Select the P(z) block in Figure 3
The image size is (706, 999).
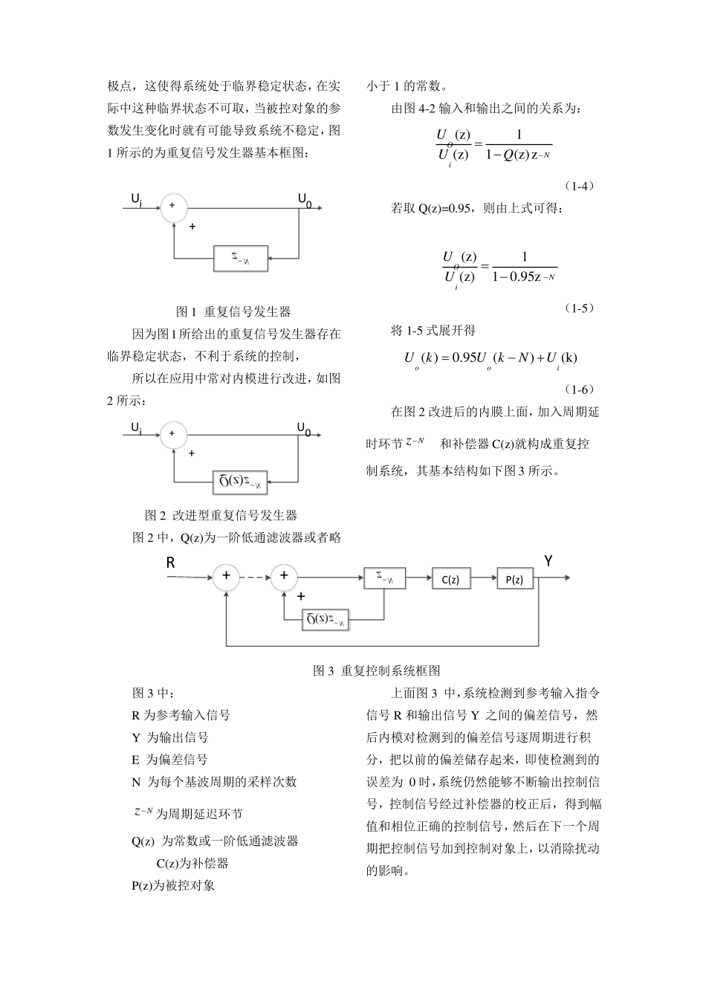click(515, 579)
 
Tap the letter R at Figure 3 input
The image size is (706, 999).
click(171, 563)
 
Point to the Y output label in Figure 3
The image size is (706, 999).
click(548, 561)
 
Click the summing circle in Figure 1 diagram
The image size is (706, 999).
click(173, 206)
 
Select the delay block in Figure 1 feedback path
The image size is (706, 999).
click(241, 258)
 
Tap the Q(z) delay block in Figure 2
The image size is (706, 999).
click(241, 482)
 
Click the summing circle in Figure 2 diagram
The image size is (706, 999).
click(173, 433)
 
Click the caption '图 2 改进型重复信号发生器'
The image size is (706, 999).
click(221, 515)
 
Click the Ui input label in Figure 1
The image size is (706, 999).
click(136, 199)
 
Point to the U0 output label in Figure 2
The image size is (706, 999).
click(304, 428)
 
